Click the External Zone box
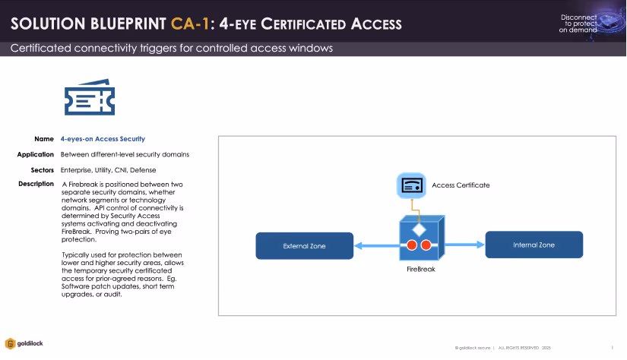pos(304,245)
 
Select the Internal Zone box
pos(534,245)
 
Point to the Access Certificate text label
pos(461,185)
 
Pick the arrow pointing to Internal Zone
pos(464,245)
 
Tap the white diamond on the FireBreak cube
pos(417,229)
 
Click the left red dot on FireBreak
pos(411,245)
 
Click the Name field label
pos(43,139)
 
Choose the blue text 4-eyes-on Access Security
pos(103,139)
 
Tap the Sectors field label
pos(42,169)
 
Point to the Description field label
pos(36,184)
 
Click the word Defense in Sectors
pos(144,169)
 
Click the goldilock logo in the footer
pos(24,343)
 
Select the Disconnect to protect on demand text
pos(578,23)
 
